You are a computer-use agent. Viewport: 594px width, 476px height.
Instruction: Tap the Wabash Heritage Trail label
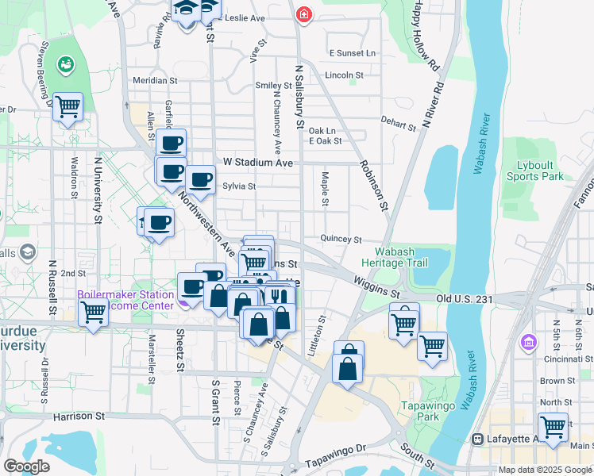point(394,257)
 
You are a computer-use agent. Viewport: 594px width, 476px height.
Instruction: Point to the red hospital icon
point(303,14)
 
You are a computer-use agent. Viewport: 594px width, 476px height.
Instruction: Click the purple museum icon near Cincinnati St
point(528,343)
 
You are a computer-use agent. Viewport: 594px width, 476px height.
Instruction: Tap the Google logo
point(26,466)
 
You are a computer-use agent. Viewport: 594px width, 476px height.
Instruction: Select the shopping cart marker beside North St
point(553,426)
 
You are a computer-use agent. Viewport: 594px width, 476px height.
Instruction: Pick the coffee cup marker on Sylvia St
point(200,179)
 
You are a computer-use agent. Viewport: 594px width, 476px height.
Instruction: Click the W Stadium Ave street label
point(258,162)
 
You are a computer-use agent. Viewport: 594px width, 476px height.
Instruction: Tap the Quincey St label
point(341,239)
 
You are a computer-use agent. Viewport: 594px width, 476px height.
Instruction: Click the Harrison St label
point(79,416)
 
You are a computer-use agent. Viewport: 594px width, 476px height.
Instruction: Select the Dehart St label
point(398,125)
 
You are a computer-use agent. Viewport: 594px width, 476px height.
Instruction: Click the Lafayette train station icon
point(478,439)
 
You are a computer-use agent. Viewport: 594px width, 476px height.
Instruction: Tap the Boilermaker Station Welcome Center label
point(125,300)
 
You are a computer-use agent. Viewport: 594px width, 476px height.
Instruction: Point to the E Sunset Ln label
point(352,53)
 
